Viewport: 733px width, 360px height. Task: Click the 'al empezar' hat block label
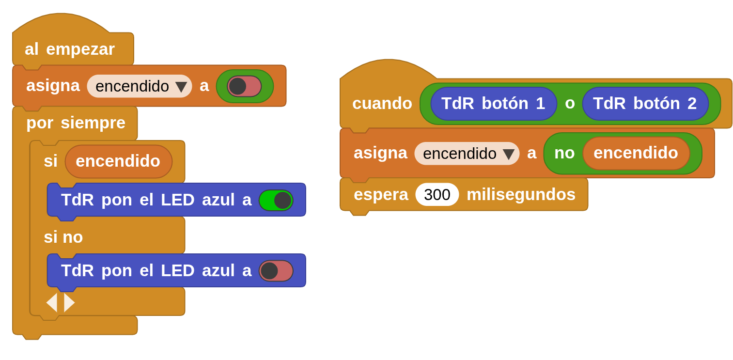pyautogui.click(x=70, y=49)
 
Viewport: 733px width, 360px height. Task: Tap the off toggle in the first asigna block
pyautogui.click(x=244, y=86)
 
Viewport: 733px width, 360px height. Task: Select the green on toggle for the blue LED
pyautogui.click(x=276, y=200)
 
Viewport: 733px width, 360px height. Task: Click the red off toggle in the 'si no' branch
pyautogui.click(x=276, y=271)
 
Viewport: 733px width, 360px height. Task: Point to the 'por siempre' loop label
pyautogui.click(x=76, y=123)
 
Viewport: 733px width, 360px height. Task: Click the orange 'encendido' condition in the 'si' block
pyautogui.click(x=118, y=161)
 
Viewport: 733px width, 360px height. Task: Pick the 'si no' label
pyautogui.click(x=63, y=237)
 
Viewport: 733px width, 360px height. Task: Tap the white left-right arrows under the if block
pyautogui.click(x=61, y=302)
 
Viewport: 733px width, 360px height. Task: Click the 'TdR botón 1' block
pyautogui.click(x=493, y=103)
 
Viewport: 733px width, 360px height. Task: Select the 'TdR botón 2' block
pyautogui.click(x=645, y=103)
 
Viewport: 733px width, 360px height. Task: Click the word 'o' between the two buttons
pyautogui.click(x=570, y=103)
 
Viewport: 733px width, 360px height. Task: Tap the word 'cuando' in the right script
pyautogui.click(x=382, y=103)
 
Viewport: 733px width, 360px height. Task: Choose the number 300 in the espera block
pyautogui.click(x=437, y=194)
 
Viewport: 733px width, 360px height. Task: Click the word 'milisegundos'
pyautogui.click(x=521, y=194)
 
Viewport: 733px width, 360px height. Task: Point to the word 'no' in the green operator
pyautogui.click(x=564, y=153)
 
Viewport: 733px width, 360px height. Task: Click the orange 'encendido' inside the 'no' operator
pyautogui.click(x=636, y=153)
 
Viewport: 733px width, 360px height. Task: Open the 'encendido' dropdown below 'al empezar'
pyautogui.click(x=181, y=87)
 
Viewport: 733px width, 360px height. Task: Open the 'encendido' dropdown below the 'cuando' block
pyautogui.click(x=509, y=154)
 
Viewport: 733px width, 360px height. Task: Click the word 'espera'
pyautogui.click(x=381, y=194)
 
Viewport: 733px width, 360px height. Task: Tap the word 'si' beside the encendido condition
pyautogui.click(x=50, y=161)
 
